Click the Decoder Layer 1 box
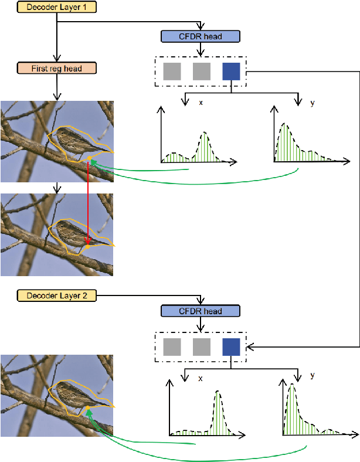57,8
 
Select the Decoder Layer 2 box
57,295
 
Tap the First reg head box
56,68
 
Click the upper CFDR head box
200,36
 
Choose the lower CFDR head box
200,311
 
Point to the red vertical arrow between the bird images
88,202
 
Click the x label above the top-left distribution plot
201,102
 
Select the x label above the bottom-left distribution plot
201,378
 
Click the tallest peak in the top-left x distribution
204,134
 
